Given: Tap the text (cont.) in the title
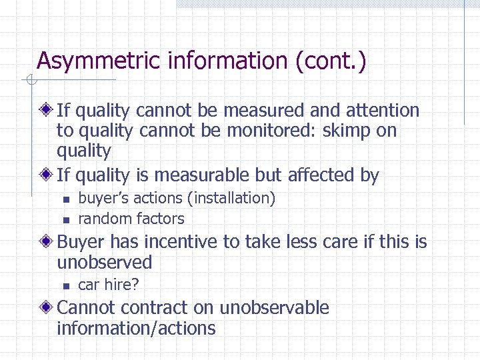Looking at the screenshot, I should click(330, 61).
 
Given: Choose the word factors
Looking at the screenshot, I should click(160, 219).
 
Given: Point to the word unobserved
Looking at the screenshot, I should click(105, 262).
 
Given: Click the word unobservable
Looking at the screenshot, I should click(274, 308).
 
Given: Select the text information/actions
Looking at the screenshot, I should click(136, 328).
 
